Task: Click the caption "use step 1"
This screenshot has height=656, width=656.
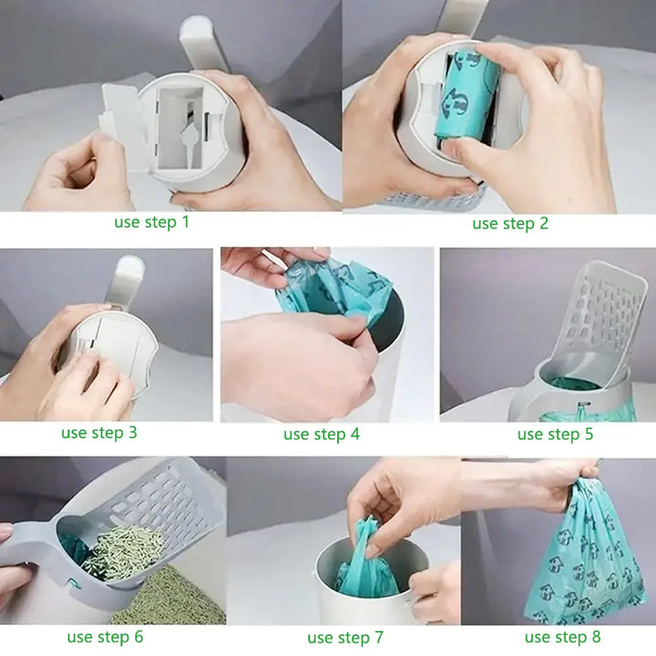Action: (152, 221)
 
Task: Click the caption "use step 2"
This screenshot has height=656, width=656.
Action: (510, 223)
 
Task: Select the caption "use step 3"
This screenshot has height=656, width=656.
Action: (99, 432)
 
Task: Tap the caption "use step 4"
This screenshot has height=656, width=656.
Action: (321, 434)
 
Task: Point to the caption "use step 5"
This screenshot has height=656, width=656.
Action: (555, 434)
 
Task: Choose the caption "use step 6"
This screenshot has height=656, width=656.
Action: (105, 637)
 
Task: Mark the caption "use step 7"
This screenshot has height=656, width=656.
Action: (345, 638)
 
